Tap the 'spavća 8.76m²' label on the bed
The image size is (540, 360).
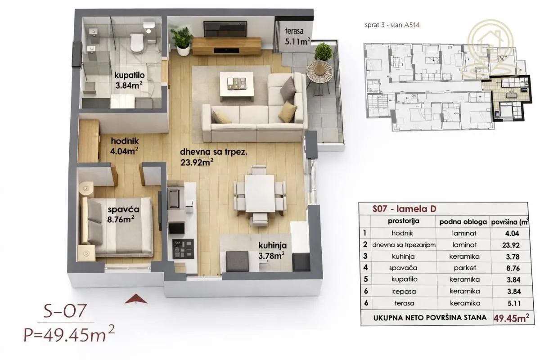[122, 214]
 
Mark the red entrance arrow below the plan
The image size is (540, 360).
[136, 299]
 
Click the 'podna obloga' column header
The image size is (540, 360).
[463, 222]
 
